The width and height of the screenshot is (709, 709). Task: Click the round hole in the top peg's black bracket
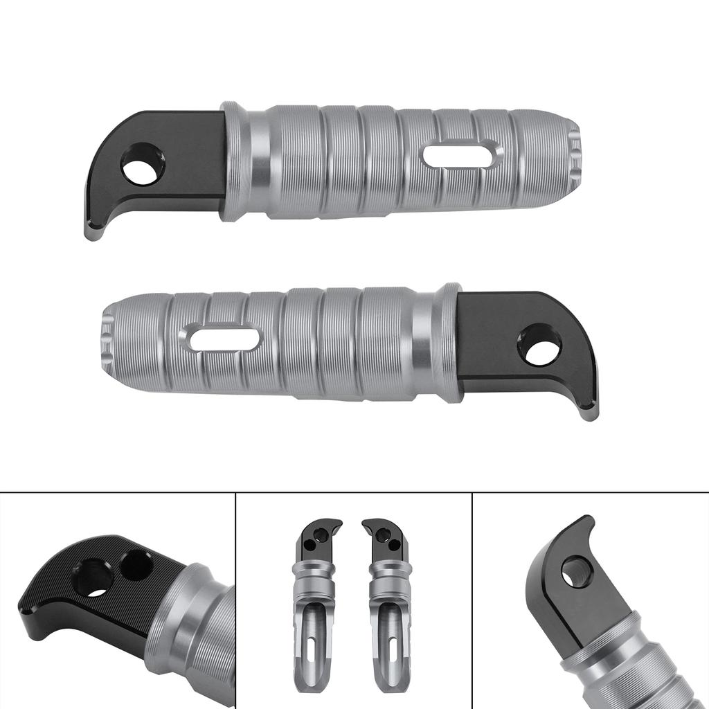click(143, 164)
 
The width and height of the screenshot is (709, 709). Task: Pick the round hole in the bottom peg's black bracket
click(539, 345)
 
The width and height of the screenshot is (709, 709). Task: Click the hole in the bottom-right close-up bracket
click(576, 573)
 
